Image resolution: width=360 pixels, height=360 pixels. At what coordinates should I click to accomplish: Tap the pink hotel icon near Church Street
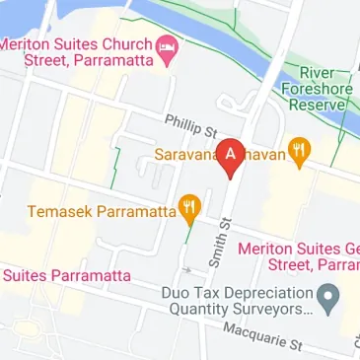pyautogui.click(x=168, y=47)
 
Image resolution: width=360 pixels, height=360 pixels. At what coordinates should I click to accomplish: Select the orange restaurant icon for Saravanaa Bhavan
pyautogui.click(x=300, y=153)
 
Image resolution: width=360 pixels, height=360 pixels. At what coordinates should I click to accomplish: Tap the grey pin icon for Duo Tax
pyautogui.click(x=330, y=295)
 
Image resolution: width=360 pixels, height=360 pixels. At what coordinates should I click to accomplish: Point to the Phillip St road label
pyautogui.click(x=190, y=125)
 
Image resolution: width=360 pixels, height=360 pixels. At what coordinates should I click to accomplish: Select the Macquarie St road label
pyautogui.click(x=261, y=335)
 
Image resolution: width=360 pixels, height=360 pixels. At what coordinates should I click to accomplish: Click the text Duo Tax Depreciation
pyautogui.click(x=236, y=293)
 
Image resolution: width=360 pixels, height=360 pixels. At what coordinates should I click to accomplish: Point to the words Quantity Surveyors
pyautogui.click(x=238, y=309)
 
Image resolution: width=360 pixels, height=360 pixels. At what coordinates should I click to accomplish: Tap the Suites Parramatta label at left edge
pyautogui.click(x=58, y=275)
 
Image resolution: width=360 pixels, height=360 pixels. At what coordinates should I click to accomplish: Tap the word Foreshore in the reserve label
pyautogui.click(x=317, y=88)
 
